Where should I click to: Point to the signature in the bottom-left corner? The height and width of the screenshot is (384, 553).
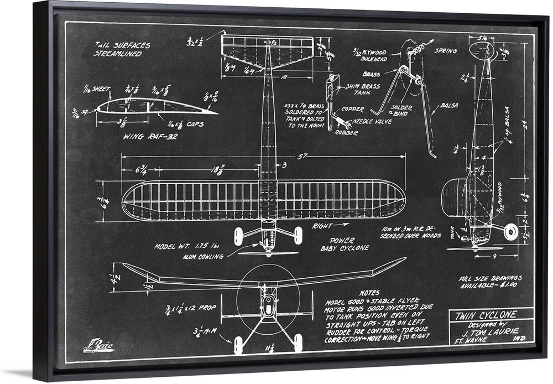[x=98, y=347]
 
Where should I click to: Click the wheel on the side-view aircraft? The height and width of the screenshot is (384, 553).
[x=511, y=231]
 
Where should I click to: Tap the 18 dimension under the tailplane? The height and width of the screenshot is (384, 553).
[x=283, y=77]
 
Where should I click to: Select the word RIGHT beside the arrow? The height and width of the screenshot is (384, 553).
[x=322, y=226]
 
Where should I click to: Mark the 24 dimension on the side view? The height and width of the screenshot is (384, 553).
[x=524, y=124]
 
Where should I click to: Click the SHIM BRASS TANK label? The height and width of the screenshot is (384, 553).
[x=363, y=89]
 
